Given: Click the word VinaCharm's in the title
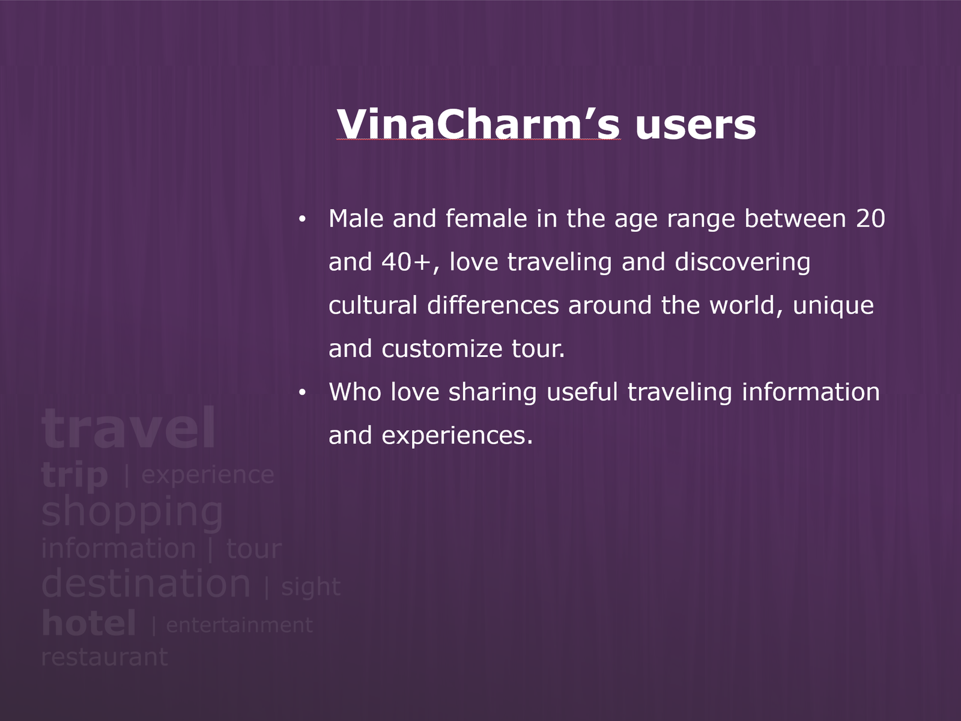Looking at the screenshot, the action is tap(478, 124).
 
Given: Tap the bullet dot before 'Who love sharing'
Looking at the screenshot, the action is tap(302, 393).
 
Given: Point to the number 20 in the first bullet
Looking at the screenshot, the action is tap(870, 219).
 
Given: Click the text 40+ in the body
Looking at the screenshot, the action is tap(406, 262).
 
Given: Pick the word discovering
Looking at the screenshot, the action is tap(742, 263).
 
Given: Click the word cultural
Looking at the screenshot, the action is tap(373, 305).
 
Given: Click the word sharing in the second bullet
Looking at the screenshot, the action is tap(493, 393).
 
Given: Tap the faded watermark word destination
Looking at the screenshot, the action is tap(146, 583).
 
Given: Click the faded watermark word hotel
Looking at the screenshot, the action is tap(89, 623).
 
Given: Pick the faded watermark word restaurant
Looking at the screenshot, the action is tap(105, 657).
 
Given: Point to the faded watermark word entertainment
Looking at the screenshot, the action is tap(240, 625).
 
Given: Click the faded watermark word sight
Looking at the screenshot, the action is tap(311, 587).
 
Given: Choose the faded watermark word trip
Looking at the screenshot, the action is tap(74, 476).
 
